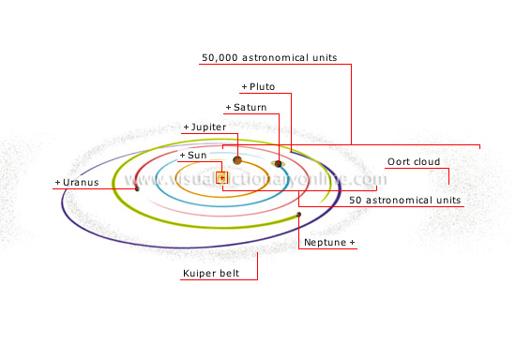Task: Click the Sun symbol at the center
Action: point(222,176)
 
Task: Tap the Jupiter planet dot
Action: point(237,160)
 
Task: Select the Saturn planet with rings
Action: point(279,164)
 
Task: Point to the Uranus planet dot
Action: point(137,189)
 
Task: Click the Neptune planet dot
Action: point(298,215)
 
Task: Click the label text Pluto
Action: point(262,87)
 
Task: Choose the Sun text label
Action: point(196,154)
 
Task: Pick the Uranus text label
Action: point(79,182)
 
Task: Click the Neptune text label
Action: point(325,243)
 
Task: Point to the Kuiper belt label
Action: point(211,275)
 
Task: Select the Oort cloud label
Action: point(414,162)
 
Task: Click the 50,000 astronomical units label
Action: point(269,58)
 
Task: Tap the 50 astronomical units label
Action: point(404,201)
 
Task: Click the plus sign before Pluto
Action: point(244,87)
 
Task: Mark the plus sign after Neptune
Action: point(353,243)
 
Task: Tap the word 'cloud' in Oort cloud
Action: point(426,162)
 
